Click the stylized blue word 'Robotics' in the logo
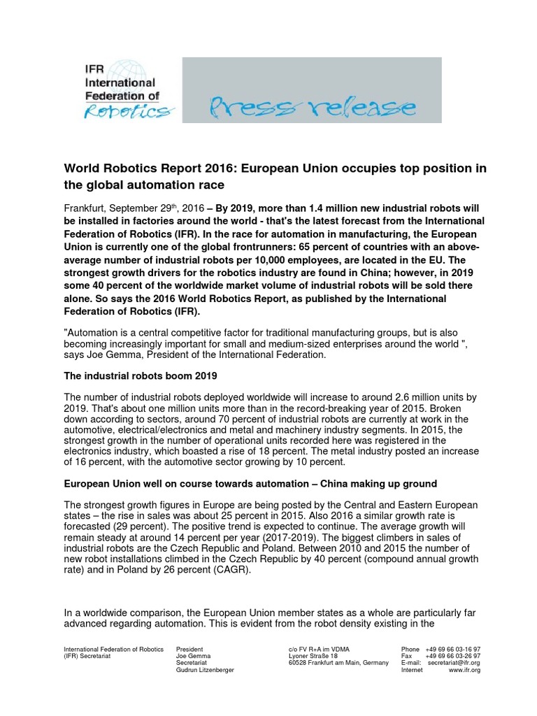coord(126,111)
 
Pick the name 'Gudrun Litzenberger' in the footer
coord(205,670)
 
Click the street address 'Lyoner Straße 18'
coord(313,657)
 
